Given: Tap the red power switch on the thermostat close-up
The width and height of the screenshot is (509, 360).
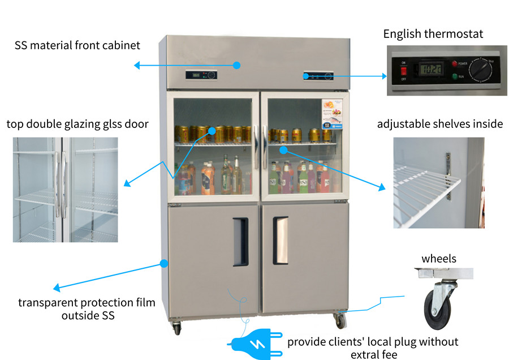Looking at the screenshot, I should point(404,71).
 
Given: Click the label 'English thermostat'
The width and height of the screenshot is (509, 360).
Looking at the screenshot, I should point(433,33).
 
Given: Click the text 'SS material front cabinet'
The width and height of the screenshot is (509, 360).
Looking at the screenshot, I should point(77,45).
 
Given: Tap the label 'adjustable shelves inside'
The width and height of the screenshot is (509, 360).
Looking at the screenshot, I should point(439,123).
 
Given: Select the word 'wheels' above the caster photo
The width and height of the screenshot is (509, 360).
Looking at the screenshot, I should point(439,259).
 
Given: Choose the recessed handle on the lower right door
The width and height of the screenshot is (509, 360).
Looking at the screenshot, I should point(281,240).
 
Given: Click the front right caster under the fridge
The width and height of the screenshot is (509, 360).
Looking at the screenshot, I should point(339,320).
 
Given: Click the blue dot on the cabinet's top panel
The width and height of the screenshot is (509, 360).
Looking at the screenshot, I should point(237,65).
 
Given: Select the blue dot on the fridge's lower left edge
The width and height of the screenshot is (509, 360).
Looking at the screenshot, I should point(164,263).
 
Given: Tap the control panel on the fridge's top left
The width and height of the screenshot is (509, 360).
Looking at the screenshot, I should point(201,75).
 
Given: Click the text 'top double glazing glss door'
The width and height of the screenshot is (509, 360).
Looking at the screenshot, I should point(77,123).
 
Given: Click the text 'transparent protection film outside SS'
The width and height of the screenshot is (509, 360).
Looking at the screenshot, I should point(86,308).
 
